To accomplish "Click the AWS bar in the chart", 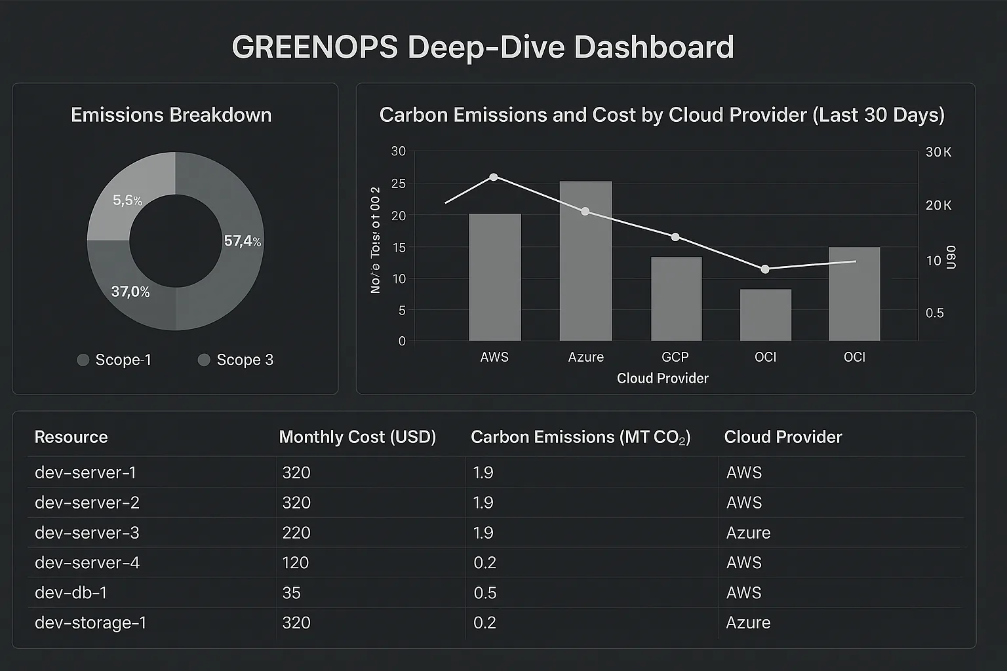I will click(495, 277).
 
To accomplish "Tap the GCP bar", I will click(676, 299).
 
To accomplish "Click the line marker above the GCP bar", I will click(675, 237).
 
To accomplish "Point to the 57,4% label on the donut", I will click(242, 241).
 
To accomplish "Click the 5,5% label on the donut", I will click(127, 201).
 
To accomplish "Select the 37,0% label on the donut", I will click(130, 292).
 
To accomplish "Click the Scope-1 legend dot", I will click(83, 360).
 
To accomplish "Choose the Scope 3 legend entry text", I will click(245, 360).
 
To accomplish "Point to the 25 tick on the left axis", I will click(399, 184).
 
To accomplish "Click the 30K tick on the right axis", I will click(938, 152).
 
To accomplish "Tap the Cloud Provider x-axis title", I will click(662, 378).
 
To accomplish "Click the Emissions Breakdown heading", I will click(171, 115).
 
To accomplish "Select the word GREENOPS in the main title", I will click(315, 48).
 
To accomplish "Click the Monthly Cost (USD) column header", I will click(357, 437).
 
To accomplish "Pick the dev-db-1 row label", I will click(71, 592).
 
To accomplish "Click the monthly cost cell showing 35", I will click(291, 592).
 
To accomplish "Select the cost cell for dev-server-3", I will click(296, 533).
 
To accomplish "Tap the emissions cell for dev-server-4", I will click(484, 562).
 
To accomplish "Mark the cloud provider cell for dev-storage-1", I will click(748, 623).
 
